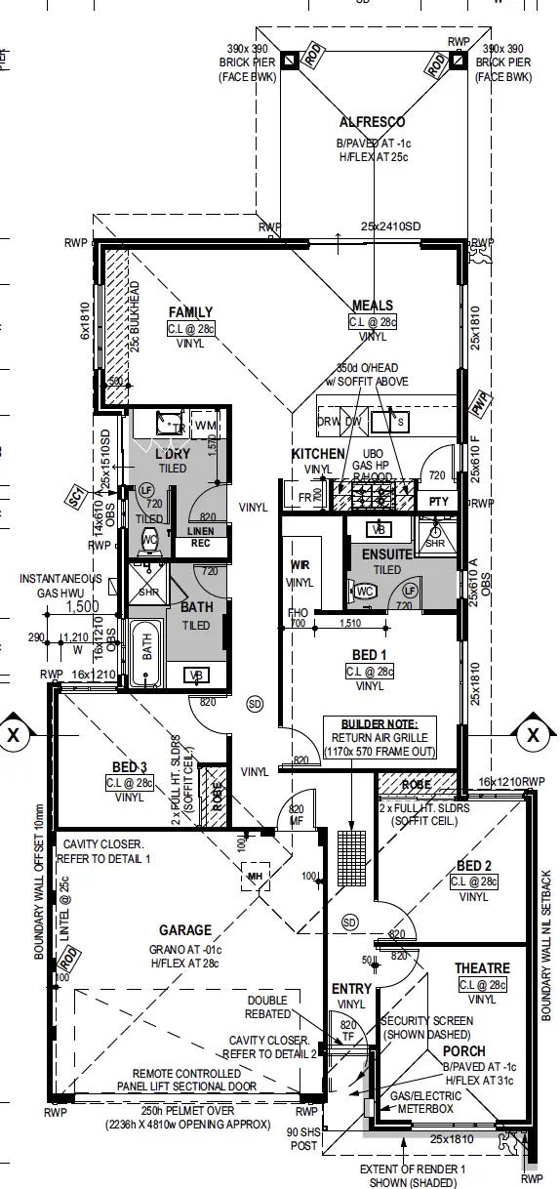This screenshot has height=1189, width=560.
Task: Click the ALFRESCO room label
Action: click(372, 123)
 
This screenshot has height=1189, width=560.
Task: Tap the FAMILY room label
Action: click(190, 312)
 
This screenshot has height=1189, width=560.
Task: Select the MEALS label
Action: click(373, 306)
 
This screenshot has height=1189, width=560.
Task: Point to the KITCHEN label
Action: click(318, 454)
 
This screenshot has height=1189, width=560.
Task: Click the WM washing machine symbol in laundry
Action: click(206, 426)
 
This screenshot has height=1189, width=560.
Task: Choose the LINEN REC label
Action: click(200, 537)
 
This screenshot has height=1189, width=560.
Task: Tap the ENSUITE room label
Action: click(386, 554)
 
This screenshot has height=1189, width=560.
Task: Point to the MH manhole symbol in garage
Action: click(256, 877)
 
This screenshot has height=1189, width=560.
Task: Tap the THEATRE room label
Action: click(482, 968)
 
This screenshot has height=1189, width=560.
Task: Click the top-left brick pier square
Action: click(290, 61)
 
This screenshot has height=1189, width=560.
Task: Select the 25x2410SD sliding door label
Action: click(389, 226)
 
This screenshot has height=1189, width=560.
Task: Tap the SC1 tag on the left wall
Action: click(75, 497)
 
